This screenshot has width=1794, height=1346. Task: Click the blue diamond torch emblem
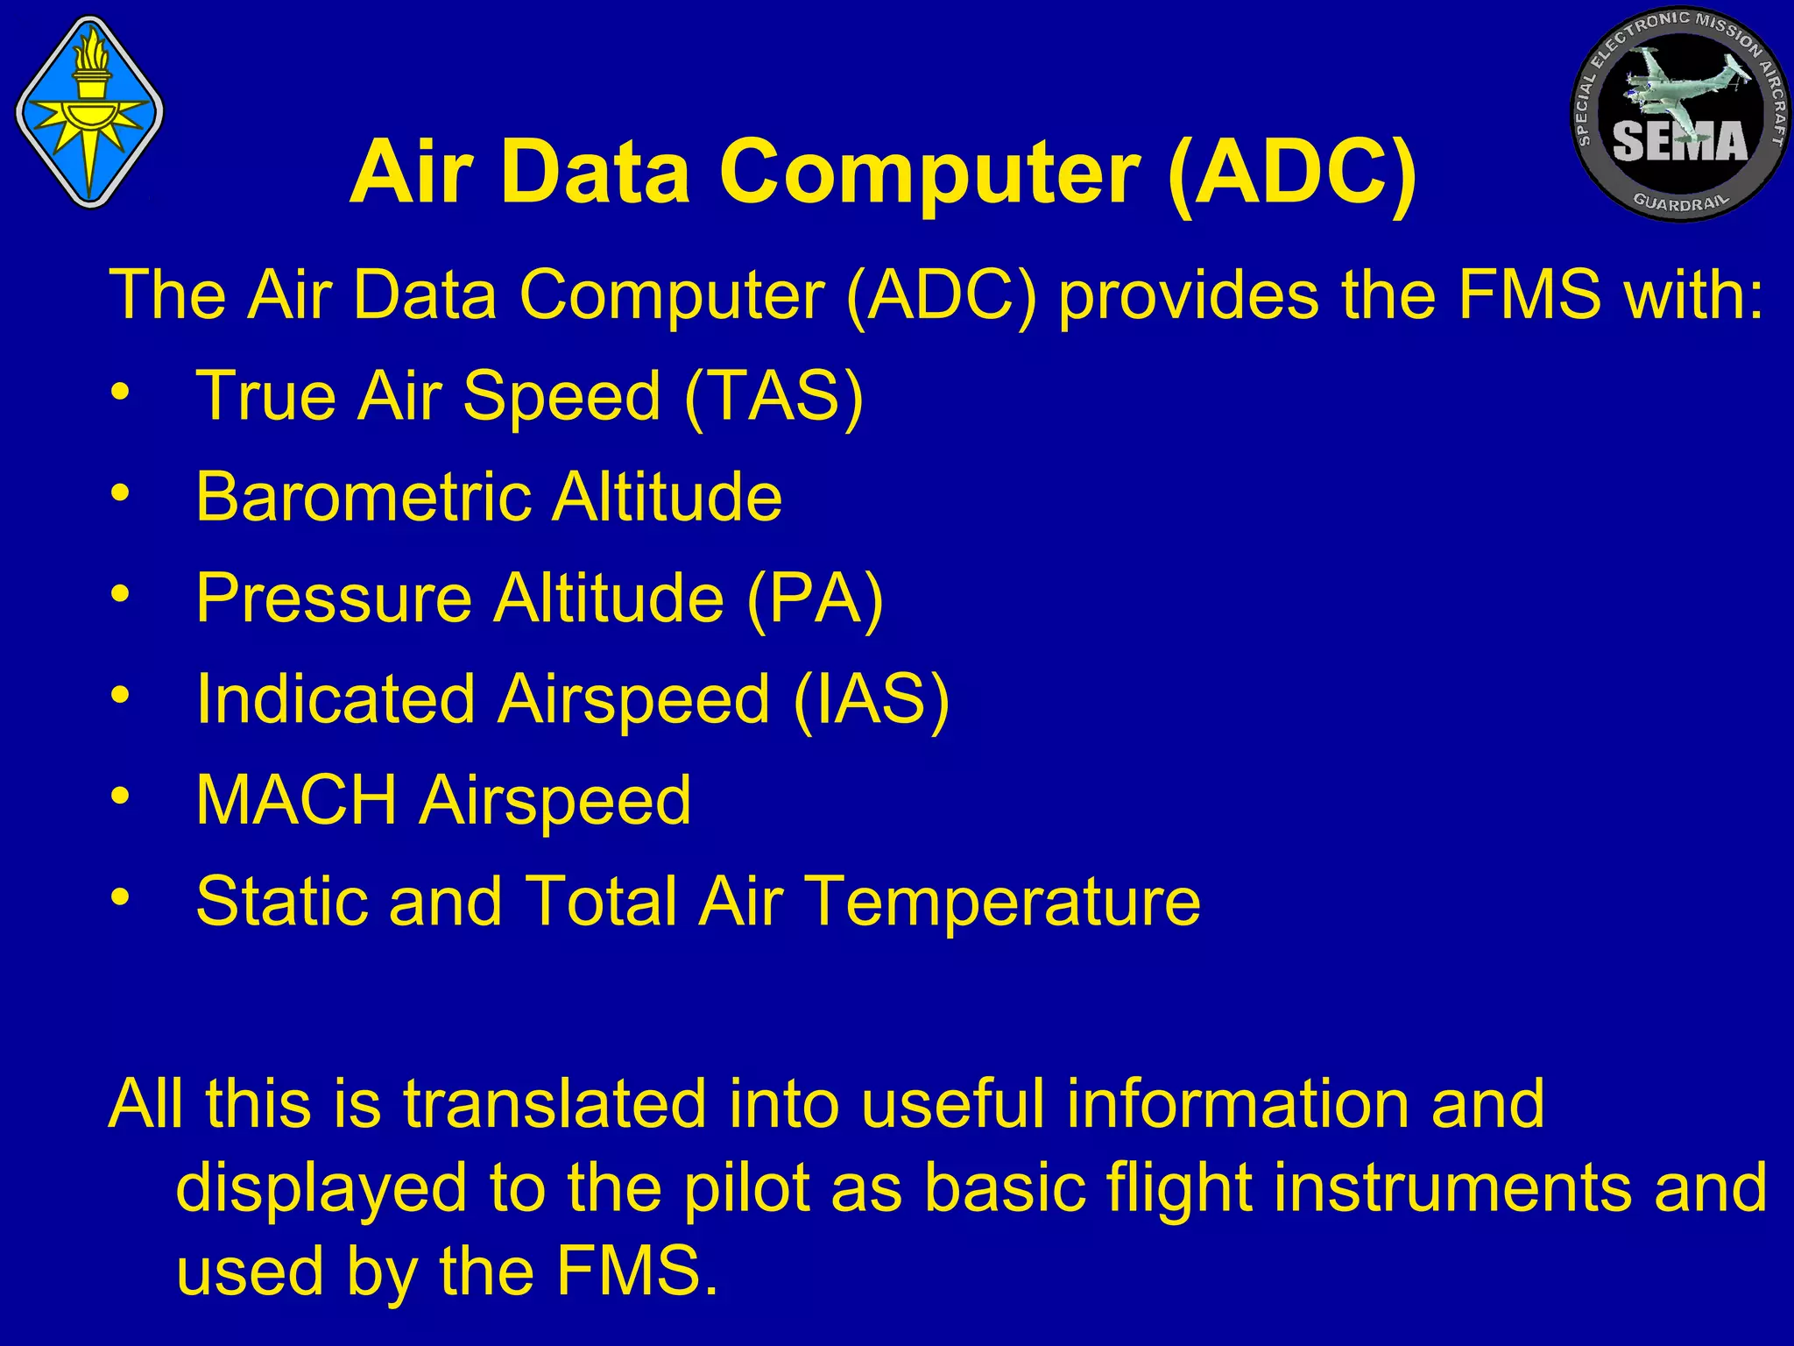tap(89, 112)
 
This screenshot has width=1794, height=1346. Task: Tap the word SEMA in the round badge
tap(1679, 142)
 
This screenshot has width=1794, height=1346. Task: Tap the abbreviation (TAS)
tap(773, 396)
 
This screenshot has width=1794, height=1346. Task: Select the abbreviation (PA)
tap(815, 599)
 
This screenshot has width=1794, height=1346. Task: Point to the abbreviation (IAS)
tap(871, 699)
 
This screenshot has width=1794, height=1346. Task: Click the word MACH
tap(296, 800)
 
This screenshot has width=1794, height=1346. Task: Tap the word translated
tap(554, 1103)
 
